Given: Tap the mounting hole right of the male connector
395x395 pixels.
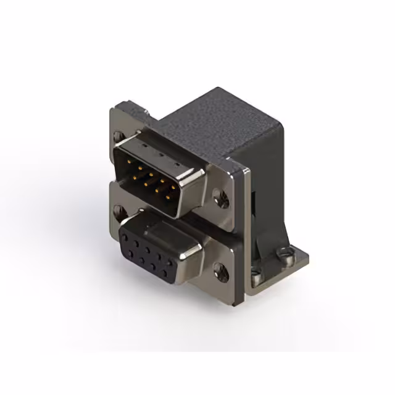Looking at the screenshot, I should tap(220, 198).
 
